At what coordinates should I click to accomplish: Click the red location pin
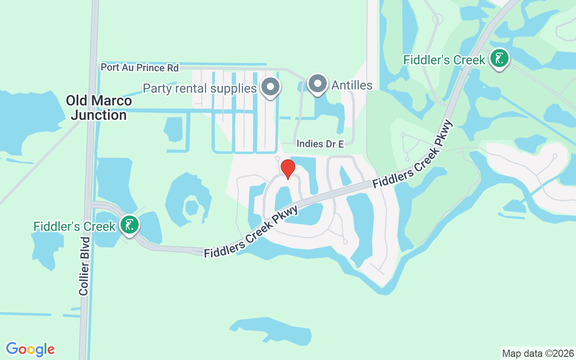[288, 169]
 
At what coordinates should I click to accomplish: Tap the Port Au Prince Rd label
[139, 67]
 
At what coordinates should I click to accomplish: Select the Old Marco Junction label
[99, 108]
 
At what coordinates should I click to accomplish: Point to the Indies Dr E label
[320, 144]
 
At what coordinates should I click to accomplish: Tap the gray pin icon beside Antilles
[318, 84]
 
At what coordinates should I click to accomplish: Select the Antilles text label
[352, 85]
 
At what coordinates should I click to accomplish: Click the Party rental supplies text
[200, 88]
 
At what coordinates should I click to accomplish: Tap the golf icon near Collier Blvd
[130, 225]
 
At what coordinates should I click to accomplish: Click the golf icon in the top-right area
[499, 58]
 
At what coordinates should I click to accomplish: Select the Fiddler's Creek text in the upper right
[444, 60]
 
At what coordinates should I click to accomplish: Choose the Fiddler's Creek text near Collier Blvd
[75, 226]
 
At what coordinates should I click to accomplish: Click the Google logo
[30, 349]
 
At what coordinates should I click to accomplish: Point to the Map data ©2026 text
[538, 353]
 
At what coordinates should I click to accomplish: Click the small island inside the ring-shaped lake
[192, 207]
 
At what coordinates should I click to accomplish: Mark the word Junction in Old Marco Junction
[99, 115]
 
